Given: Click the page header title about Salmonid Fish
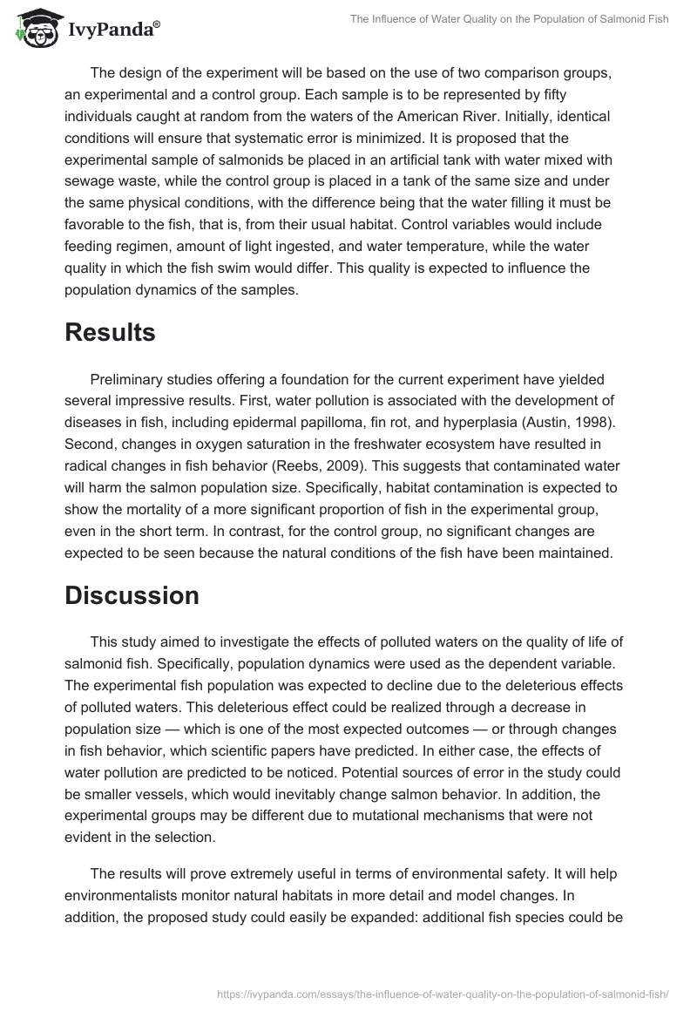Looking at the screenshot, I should (510, 18).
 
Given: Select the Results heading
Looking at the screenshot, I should (110, 332).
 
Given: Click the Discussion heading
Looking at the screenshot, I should (132, 595).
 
